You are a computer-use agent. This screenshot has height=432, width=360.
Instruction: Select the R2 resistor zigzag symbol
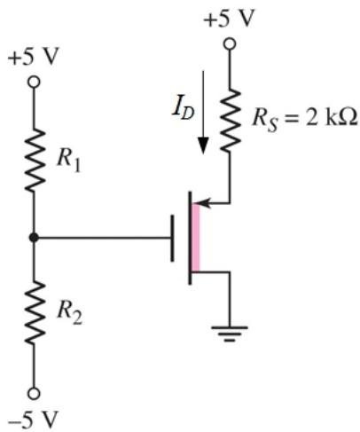pyautogui.click(x=35, y=312)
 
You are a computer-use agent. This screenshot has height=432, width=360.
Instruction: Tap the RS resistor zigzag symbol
pyautogui.click(x=230, y=121)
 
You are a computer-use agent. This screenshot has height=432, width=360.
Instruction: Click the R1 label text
pyautogui.click(x=68, y=161)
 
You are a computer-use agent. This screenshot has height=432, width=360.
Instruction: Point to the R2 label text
pyautogui.click(x=69, y=314)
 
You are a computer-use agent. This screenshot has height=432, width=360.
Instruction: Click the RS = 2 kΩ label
pyautogui.click(x=305, y=120)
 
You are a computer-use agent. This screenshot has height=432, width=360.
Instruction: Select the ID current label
pyautogui.click(x=184, y=111)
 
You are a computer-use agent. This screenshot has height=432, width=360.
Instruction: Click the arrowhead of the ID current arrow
pyautogui.click(x=203, y=145)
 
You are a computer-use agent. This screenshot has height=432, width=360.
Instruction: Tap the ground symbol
pyautogui.click(x=230, y=334)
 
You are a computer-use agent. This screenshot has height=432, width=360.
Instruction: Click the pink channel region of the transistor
pyautogui.click(x=195, y=238)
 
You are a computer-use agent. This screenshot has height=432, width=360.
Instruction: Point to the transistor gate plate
pyautogui.click(x=172, y=238)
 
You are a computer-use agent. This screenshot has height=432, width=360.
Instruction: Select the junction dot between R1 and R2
pyautogui.click(x=34, y=237)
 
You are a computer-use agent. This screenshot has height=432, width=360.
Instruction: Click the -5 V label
pyautogui.click(x=32, y=420)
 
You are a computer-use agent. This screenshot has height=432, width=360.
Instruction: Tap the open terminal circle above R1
pyautogui.click(x=34, y=82)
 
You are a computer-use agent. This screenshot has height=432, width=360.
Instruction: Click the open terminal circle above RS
pyautogui.click(x=230, y=44)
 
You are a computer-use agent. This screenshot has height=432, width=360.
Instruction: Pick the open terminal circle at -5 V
pyautogui.click(x=34, y=394)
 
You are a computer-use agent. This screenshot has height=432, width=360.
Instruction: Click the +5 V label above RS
pyautogui.click(x=229, y=19)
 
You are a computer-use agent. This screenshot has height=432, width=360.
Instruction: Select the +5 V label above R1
pyautogui.click(x=33, y=56)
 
